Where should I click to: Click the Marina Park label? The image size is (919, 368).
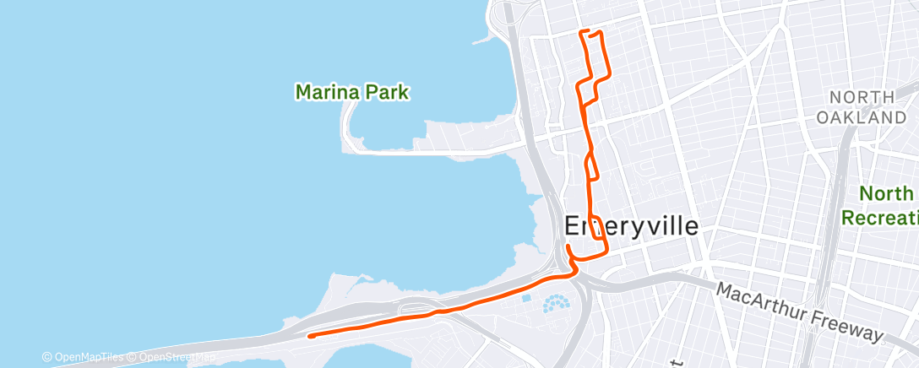tap(352, 91)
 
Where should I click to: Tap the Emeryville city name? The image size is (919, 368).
tap(631, 227)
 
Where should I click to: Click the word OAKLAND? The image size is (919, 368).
tap(861, 117)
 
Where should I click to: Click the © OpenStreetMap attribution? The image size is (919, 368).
tap(172, 357)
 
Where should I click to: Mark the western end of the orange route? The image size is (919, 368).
tap(311, 336)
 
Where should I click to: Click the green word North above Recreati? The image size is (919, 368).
tap(886, 194)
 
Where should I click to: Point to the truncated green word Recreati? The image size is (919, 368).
tap(879, 217)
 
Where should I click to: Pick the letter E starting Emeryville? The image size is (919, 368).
tap(572, 227)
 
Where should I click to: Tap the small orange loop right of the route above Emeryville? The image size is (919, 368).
tap(593, 167)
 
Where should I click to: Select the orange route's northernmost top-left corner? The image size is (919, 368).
tap(581, 32)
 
